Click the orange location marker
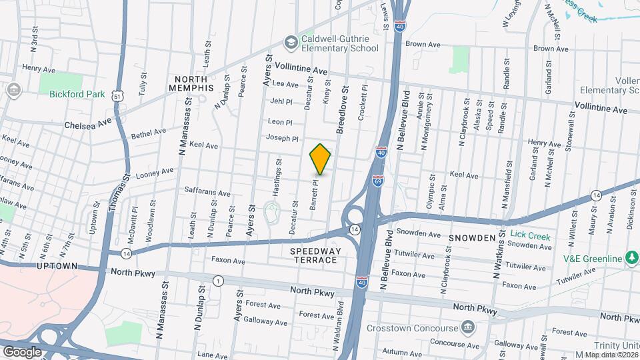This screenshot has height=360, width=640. click(321, 159)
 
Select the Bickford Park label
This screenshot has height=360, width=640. click(77, 94)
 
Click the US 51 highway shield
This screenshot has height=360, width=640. click(117, 97)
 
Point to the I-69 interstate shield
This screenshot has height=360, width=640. click(377, 181)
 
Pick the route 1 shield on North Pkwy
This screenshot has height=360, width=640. click(217, 281)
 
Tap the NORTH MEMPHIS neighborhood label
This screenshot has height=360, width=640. click(191, 83)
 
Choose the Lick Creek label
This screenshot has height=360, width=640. click(530, 234)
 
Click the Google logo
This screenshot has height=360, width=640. click(22, 351)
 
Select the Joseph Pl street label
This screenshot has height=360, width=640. click(282, 139)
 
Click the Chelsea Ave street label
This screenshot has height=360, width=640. click(88, 124)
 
